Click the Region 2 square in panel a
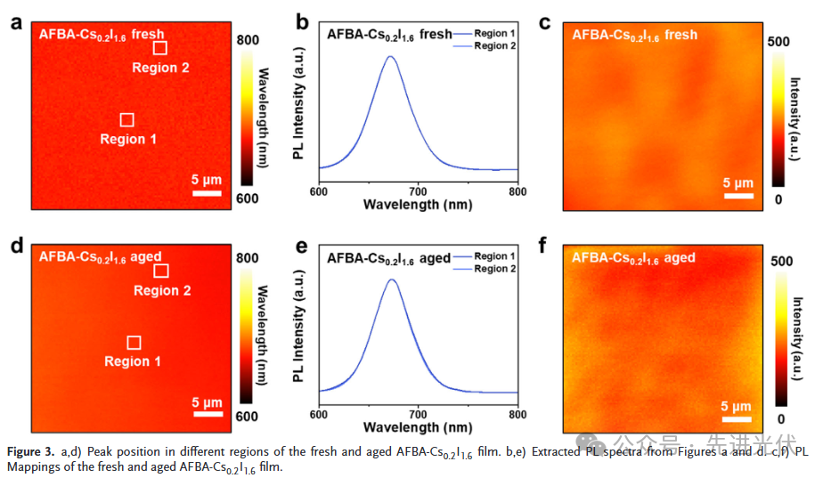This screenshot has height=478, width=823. point(160,48)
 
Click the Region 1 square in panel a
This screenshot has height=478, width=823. point(127,119)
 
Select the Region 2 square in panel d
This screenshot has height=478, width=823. point(161,271)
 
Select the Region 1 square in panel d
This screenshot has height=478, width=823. point(134,343)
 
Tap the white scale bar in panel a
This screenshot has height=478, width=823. point(207,192)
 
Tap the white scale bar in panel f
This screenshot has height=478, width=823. point(737,416)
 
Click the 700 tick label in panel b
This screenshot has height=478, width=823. point(418,190)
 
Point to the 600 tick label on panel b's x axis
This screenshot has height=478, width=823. point(319,190)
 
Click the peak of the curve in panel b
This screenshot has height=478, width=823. point(389,56)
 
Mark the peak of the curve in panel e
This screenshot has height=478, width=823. point(391,280)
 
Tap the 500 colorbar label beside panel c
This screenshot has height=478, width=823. point(778,42)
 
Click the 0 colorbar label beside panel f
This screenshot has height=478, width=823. point(780,418)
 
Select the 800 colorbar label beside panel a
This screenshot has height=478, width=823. point(249,40)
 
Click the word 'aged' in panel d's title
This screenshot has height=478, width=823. point(146,257)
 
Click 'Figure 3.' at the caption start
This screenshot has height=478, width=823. point(32,452)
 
